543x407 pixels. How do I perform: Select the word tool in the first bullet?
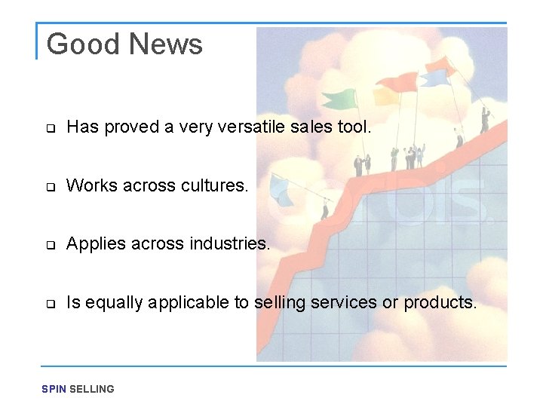[x=354, y=127]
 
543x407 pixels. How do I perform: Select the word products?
[x=440, y=302]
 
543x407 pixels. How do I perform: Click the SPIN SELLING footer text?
[x=78, y=389]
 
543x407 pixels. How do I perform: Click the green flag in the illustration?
[x=339, y=99]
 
